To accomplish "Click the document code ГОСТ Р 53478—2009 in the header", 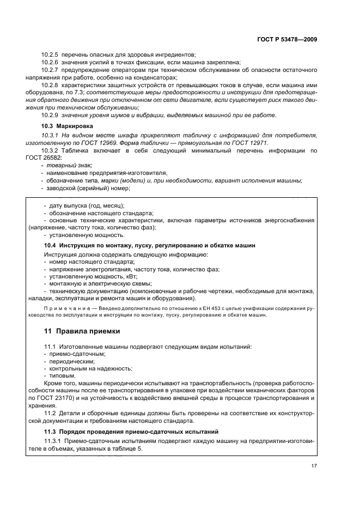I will pos(288,40).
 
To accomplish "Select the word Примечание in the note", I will pos(63,308).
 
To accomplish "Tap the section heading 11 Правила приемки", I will pos(82,331).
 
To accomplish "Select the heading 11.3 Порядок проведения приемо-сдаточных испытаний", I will pos(134,431).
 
